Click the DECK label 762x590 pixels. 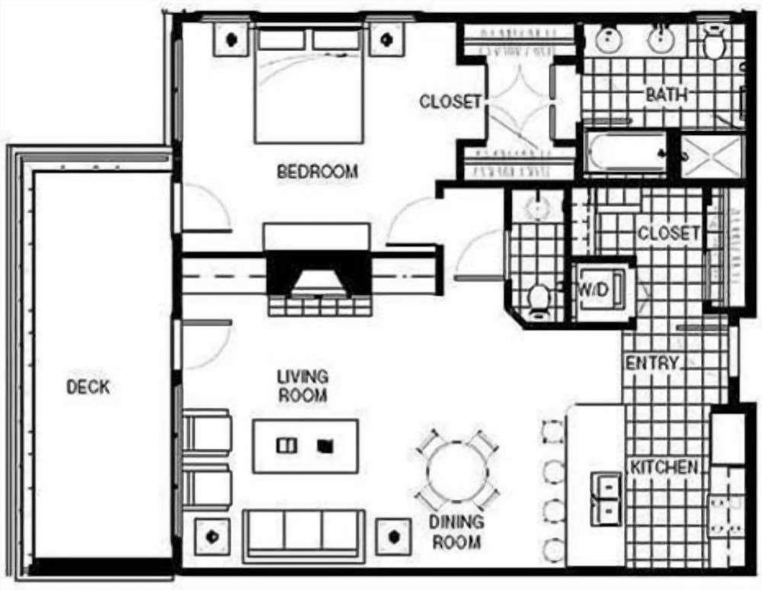[88, 386]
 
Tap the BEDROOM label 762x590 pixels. [316, 172]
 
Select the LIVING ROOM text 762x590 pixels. [302, 386]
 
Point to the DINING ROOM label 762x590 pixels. [456, 532]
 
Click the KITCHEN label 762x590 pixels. [663, 467]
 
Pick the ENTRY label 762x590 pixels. [652, 364]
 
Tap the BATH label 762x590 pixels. [666, 95]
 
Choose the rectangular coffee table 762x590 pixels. [305, 446]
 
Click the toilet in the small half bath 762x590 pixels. [539, 298]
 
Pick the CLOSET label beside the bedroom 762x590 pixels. [450, 101]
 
